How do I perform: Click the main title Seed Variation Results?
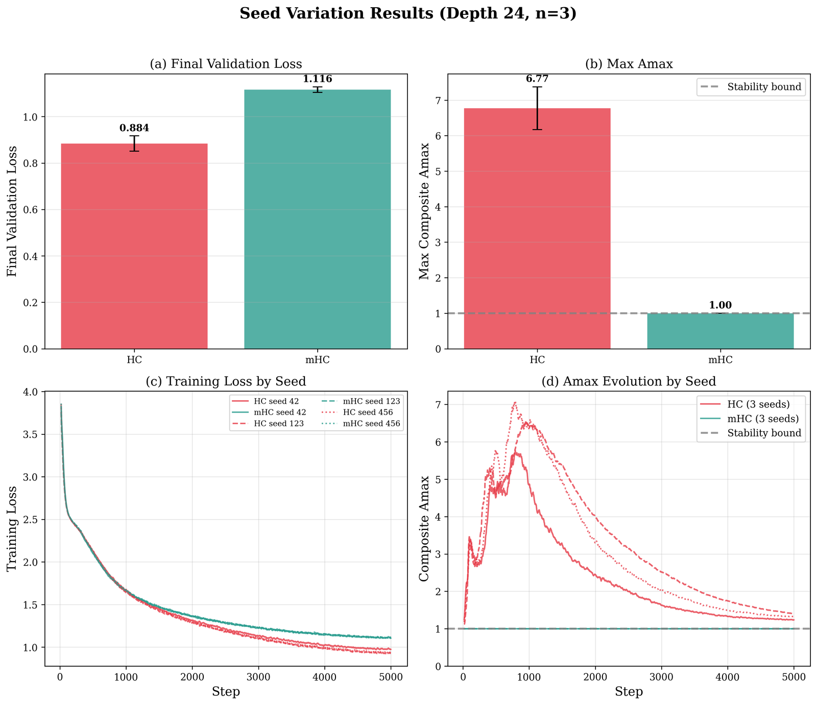tap(408, 14)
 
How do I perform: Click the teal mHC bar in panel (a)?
tap(317, 219)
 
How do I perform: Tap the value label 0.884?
tap(134, 128)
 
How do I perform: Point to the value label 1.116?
tap(317, 79)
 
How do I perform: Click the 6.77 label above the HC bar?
tap(537, 79)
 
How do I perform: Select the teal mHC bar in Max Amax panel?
tap(720, 331)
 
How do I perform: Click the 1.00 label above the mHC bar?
tap(720, 305)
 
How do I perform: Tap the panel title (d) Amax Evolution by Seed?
tap(629, 381)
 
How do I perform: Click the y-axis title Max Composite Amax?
tap(424, 211)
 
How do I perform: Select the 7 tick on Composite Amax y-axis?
tap(438, 405)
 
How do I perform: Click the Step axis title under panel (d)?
tap(629, 692)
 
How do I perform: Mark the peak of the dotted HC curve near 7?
tap(515, 402)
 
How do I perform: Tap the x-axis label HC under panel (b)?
tap(537, 359)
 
